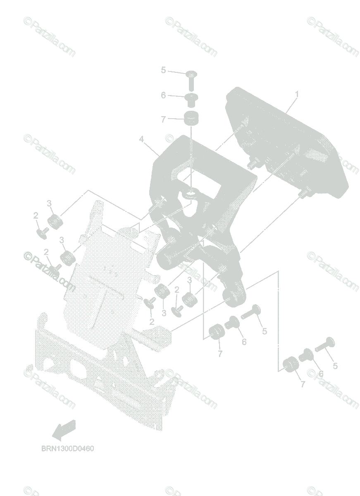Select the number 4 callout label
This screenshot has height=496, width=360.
142,140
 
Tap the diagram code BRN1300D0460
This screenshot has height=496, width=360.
64,448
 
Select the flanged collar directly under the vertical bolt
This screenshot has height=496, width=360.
191,99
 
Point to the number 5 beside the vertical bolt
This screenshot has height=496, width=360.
163,70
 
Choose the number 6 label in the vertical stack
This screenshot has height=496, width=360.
163,95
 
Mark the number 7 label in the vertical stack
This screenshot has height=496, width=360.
163,119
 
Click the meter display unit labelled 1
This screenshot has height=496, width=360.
285,136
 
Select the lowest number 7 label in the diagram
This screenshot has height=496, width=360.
303,384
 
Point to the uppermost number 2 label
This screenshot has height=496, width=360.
36,215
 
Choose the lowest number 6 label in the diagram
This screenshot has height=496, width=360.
321,373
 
